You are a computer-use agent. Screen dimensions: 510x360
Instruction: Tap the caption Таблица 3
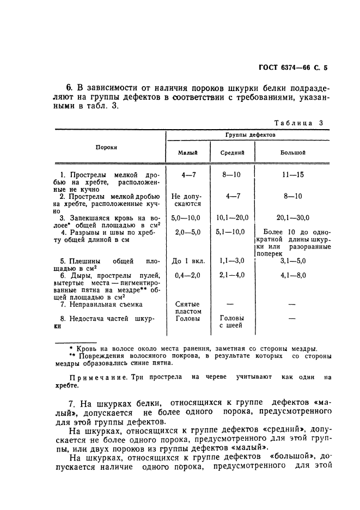pos(298,123)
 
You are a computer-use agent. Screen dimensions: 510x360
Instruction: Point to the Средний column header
pos(232,153)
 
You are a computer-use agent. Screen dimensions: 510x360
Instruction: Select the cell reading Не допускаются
pos(186,200)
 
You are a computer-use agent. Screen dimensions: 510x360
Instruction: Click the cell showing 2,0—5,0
pos(186,232)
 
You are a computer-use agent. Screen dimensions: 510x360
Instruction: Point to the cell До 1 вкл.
pos(186,261)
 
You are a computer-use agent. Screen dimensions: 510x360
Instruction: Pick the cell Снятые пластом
pos(187,308)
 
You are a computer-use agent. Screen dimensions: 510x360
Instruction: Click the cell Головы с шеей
pos(231,322)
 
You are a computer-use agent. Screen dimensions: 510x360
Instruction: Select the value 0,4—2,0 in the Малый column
pos(186,276)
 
